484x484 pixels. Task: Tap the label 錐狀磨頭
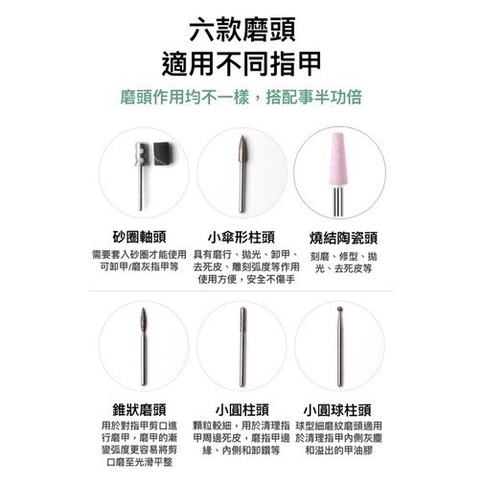141,407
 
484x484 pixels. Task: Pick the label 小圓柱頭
242,407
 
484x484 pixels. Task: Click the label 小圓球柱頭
343,407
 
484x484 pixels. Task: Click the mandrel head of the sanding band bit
138,153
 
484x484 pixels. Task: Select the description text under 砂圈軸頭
141,262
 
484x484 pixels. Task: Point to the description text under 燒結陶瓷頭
343,262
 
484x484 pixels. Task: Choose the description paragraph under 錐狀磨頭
141,443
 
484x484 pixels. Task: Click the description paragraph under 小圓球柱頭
343,437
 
